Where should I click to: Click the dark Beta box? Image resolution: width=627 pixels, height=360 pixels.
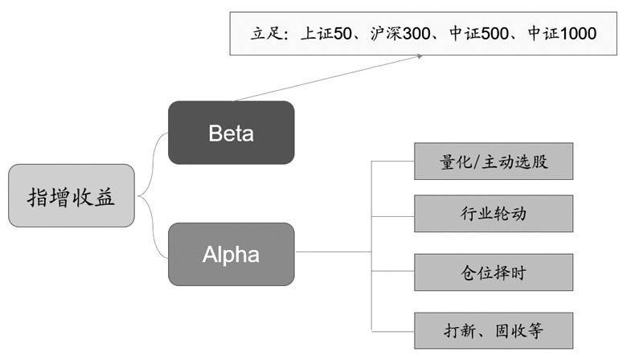pyautogui.click(x=231, y=133)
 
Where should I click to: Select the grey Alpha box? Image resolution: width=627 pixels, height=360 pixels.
pyautogui.click(x=231, y=254)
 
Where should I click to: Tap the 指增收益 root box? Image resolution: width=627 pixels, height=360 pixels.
pyautogui.click(x=72, y=195)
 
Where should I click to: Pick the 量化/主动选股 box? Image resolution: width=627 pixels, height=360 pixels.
pyautogui.click(x=494, y=163)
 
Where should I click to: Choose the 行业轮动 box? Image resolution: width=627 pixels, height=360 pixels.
pyautogui.click(x=494, y=214)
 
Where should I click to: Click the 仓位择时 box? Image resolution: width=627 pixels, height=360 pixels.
pyautogui.click(x=494, y=273)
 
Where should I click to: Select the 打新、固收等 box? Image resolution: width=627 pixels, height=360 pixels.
pyautogui.click(x=494, y=330)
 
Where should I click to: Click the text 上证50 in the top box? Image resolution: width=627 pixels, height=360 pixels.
pyautogui.click(x=332, y=34)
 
